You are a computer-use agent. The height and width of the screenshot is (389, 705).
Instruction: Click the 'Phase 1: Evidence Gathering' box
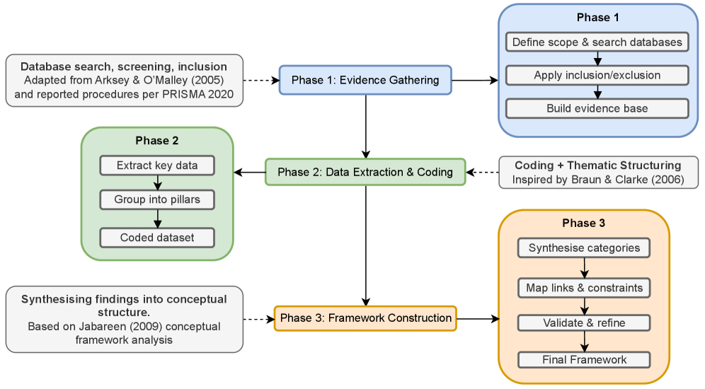click(x=365, y=81)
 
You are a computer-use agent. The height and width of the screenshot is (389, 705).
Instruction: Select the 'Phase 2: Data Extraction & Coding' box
click(x=365, y=172)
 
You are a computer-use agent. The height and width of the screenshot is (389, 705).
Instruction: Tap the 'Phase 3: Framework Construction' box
click(x=365, y=318)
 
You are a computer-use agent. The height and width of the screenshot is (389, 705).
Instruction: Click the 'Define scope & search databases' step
click(x=597, y=42)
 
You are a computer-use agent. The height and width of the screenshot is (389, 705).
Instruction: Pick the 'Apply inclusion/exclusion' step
click(x=597, y=75)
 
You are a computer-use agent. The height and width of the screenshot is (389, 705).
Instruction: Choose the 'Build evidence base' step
click(x=597, y=108)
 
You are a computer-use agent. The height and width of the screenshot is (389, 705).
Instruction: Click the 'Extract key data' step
click(x=157, y=166)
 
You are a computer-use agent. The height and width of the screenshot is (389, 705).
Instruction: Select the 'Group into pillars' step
click(x=157, y=199)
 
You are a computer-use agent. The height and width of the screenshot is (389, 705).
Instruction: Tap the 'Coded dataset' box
click(x=157, y=238)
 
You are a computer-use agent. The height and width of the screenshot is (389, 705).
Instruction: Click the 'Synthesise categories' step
click(x=584, y=248)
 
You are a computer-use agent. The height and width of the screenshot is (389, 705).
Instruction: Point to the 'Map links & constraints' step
click(x=584, y=288)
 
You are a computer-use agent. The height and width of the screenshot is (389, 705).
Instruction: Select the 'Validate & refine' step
click(x=584, y=323)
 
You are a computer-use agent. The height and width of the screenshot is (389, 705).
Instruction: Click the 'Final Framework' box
click(x=584, y=360)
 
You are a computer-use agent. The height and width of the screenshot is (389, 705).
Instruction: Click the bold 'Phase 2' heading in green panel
click(x=157, y=141)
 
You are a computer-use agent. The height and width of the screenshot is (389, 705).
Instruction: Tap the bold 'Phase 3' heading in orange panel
click(x=584, y=223)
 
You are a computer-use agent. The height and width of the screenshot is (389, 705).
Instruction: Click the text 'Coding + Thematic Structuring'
click(x=597, y=166)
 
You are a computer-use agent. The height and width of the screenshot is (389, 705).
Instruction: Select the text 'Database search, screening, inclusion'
click(x=124, y=66)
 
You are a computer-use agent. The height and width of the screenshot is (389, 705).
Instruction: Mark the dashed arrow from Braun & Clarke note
click(x=483, y=172)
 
